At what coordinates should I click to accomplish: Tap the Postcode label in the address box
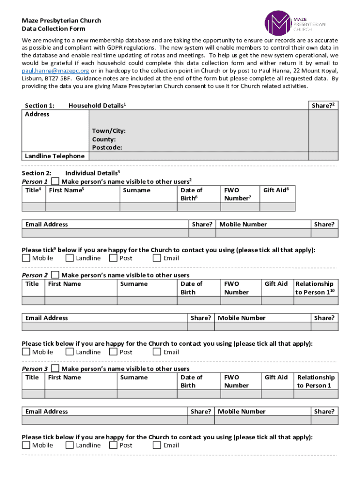(107, 148)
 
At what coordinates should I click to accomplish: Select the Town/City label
(108, 131)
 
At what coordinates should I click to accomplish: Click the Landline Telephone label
(55, 156)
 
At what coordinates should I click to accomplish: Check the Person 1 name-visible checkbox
(55, 181)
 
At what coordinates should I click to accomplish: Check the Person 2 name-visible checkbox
(55, 275)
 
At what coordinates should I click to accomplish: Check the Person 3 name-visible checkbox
(55, 369)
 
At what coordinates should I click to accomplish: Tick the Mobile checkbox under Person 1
(26, 258)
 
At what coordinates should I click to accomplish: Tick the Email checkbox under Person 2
(157, 352)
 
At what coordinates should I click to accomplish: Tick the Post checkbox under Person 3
(113, 445)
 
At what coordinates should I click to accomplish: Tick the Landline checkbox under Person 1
(70, 258)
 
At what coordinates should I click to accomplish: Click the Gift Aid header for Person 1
(276, 190)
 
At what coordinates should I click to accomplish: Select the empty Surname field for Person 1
(148, 207)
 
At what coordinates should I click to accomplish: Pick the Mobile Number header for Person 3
(241, 412)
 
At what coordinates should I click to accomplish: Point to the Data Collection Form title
(54, 29)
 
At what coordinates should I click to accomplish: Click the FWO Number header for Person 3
(236, 381)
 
